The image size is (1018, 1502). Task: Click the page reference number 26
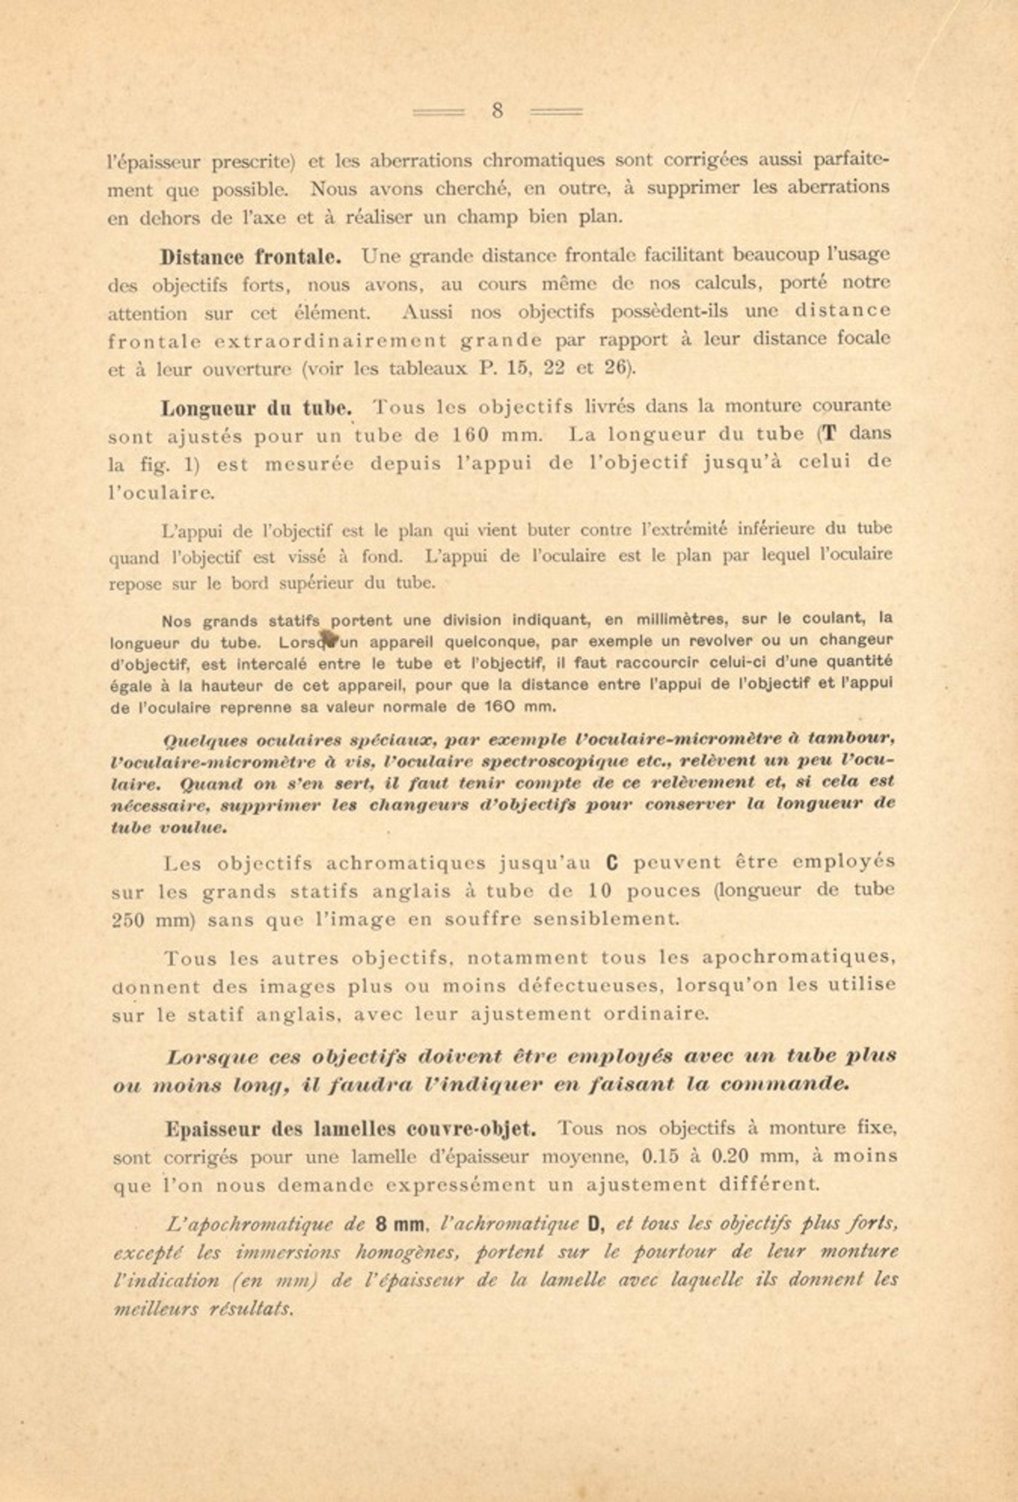(x=616, y=368)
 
